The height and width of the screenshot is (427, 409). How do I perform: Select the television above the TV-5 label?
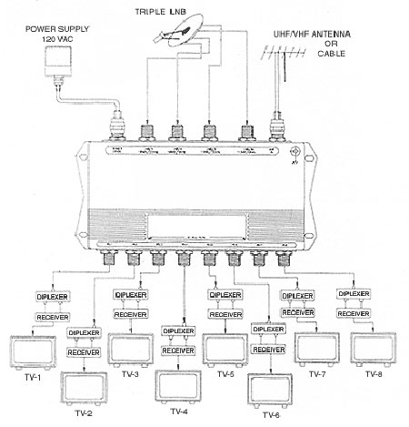pyautogui.click(x=223, y=349)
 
